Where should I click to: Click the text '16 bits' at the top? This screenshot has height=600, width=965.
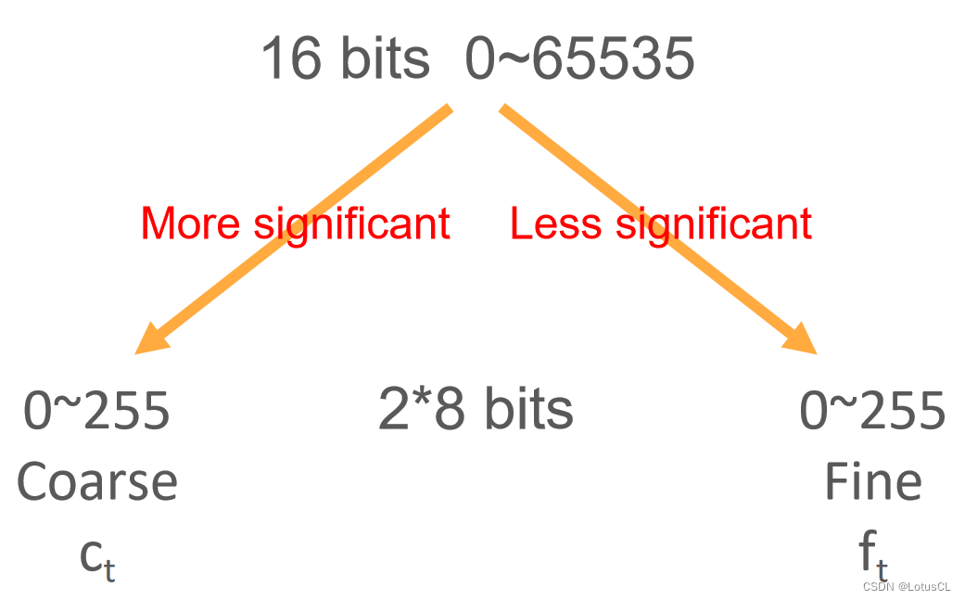(x=345, y=58)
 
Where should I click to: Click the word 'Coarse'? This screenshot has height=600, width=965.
(x=97, y=481)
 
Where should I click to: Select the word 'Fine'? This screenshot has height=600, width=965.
(x=872, y=481)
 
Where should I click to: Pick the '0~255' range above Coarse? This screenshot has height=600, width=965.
(x=97, y=411)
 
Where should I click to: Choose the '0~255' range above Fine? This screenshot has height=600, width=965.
(x=872, y=411)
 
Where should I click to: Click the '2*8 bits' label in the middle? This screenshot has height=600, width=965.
(x=476, y=410)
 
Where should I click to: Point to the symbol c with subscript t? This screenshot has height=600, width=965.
(x=97, y=556)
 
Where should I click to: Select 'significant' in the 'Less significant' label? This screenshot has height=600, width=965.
(x=714, y=223)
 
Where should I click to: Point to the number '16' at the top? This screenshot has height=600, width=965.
(x=290, y=58)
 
